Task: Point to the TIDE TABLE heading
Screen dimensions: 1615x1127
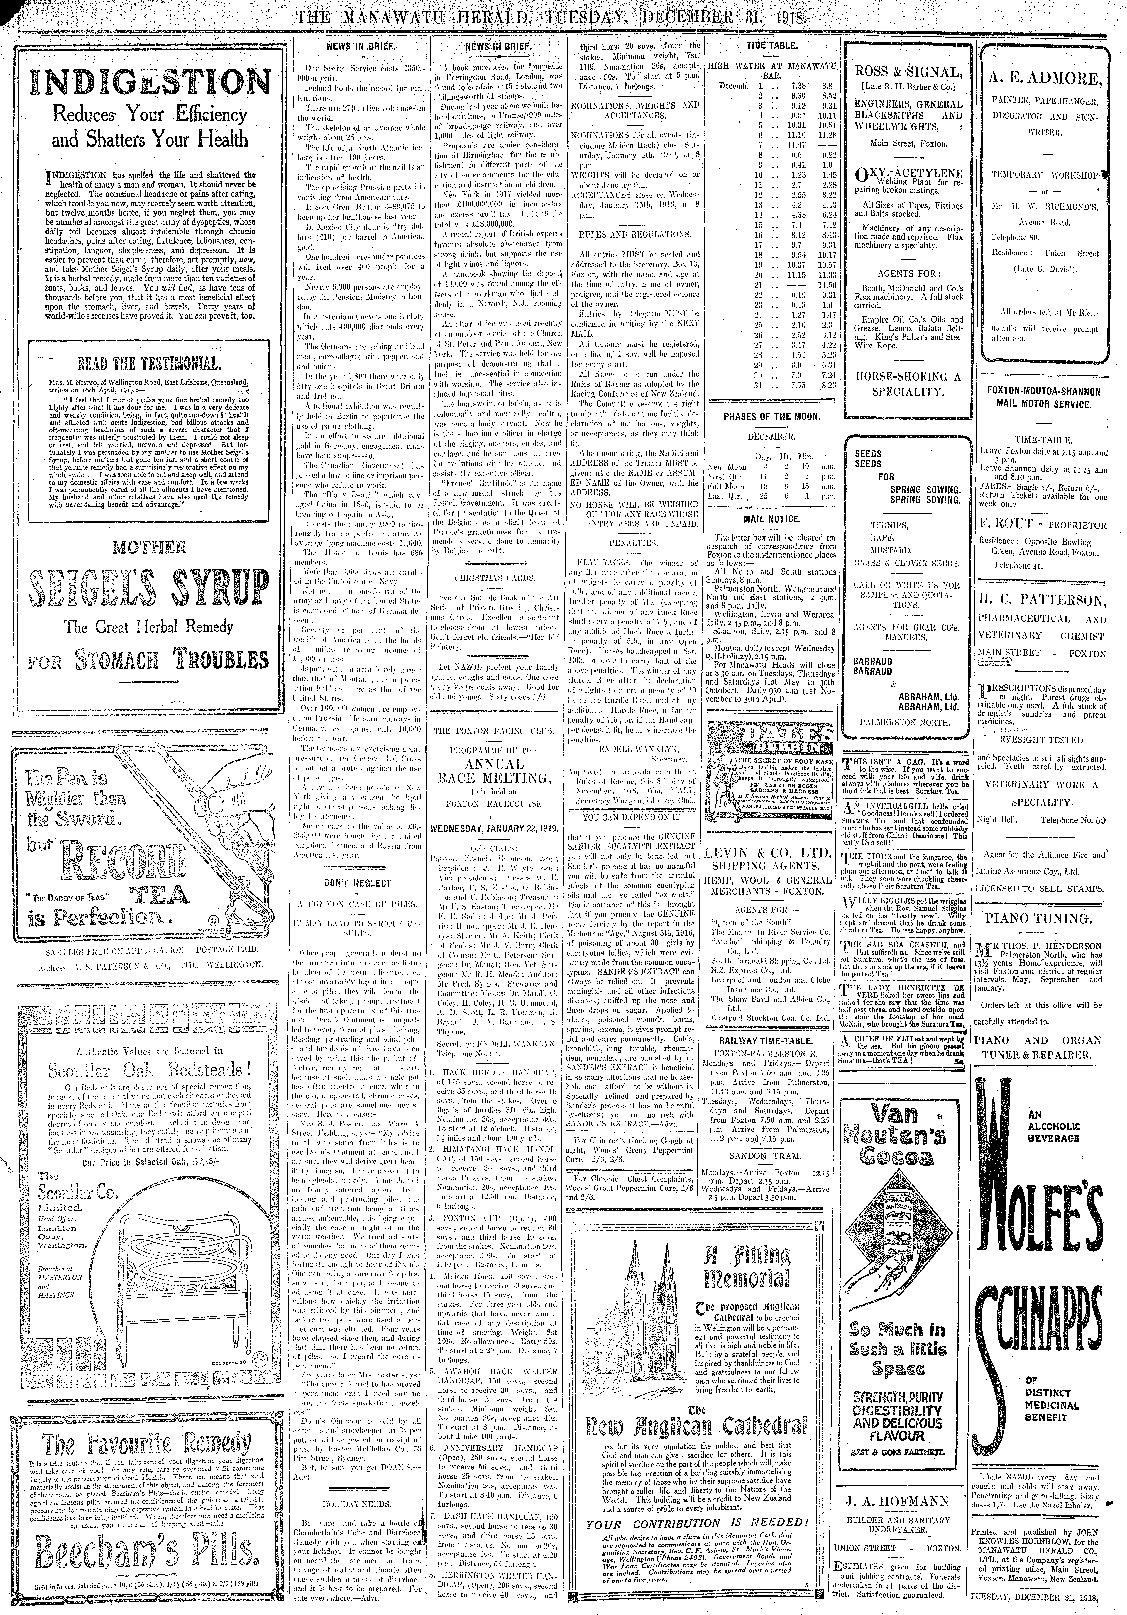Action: tap(772, 45)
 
